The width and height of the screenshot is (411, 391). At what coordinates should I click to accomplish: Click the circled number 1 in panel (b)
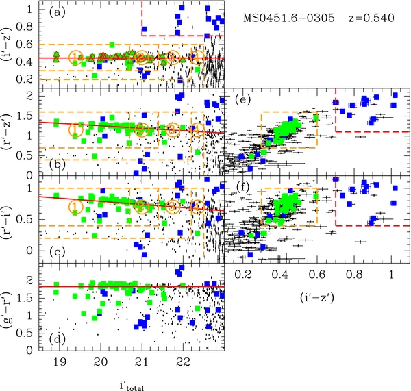click(76, 127)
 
